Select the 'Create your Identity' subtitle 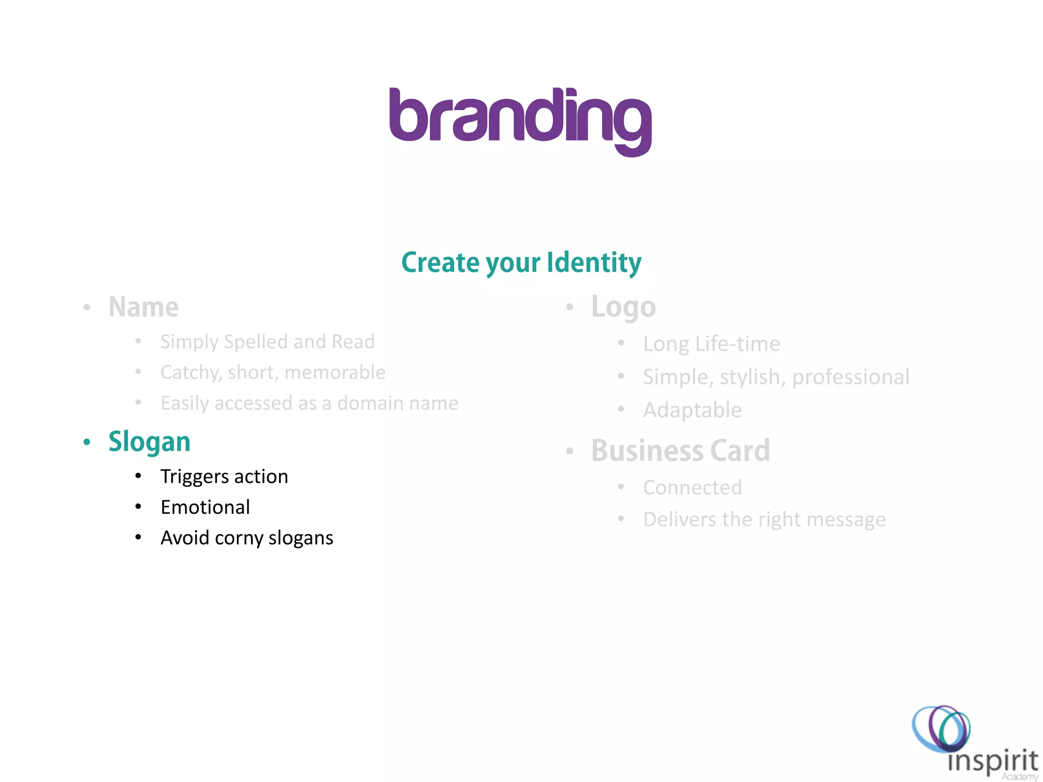pyautogui.click(x=521, y=263)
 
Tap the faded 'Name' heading pyautogui.click(x=144, y=307)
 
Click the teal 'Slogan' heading pyautogui.click(x=149, y=441)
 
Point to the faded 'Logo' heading pyautogui.click(x=623, y=307)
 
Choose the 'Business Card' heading pyautogui.click(x=680, y=451)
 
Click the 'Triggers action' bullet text pyautogui.click(x=224, y=477)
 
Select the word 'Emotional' pyautogui.click(x=205, y=507)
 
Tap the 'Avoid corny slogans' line pyautogui.click(x=247, y=538)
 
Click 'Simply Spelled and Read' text pyautogui.click(x=267, y=342)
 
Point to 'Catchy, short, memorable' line pyautogui.click(x=273, y=372)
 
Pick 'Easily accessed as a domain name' pyautogui.click(x=309, y=403)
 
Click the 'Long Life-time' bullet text pyautogui.click(x=711, y=344)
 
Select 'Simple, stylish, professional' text pyautogui.click(x=776, y=377)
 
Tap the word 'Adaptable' pyautogui.click(x=692, y=410)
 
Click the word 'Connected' pyautogui.click(x=692, y=487)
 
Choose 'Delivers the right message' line pyautogui.click(x=764, y=519)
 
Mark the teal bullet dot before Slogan pyautogui.click(x=87, y=442)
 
